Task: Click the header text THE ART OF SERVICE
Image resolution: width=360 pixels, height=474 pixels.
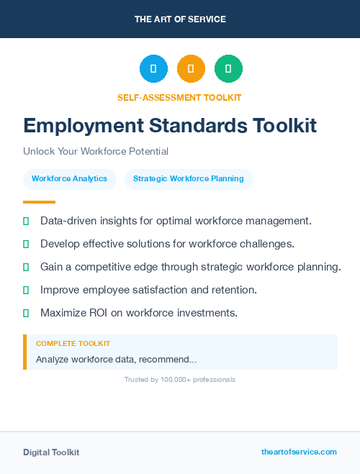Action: (x=180, y=19)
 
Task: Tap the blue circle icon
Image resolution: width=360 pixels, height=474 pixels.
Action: (x=153, y=69)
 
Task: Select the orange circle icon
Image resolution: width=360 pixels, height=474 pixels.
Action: (x=191, y=69)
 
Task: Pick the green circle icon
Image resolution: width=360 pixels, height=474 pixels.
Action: (x=228, y=69)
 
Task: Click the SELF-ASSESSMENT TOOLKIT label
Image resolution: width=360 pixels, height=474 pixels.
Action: (x=179, y=97)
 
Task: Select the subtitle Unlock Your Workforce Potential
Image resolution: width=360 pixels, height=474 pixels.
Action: (x=96, y=152)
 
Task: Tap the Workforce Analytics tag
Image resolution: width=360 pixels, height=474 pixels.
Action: (x=69, y=179)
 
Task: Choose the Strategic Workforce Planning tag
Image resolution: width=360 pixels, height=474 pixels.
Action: (x=189, y=179)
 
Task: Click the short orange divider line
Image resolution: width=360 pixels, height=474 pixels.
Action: (x=39, y=202)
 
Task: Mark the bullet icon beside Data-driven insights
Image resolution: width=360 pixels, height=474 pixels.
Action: (x=26, y=221)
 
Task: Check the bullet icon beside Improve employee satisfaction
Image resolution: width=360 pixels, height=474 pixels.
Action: (x=26, y=290)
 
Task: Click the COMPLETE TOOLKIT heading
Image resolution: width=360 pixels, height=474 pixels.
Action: (x=73, y=344)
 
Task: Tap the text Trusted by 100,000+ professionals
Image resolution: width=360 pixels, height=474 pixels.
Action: (x=180, y=379)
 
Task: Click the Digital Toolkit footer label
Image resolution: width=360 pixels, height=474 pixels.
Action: (x=51, y=452)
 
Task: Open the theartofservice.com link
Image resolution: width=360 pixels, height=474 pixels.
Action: (x=299, y=452)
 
